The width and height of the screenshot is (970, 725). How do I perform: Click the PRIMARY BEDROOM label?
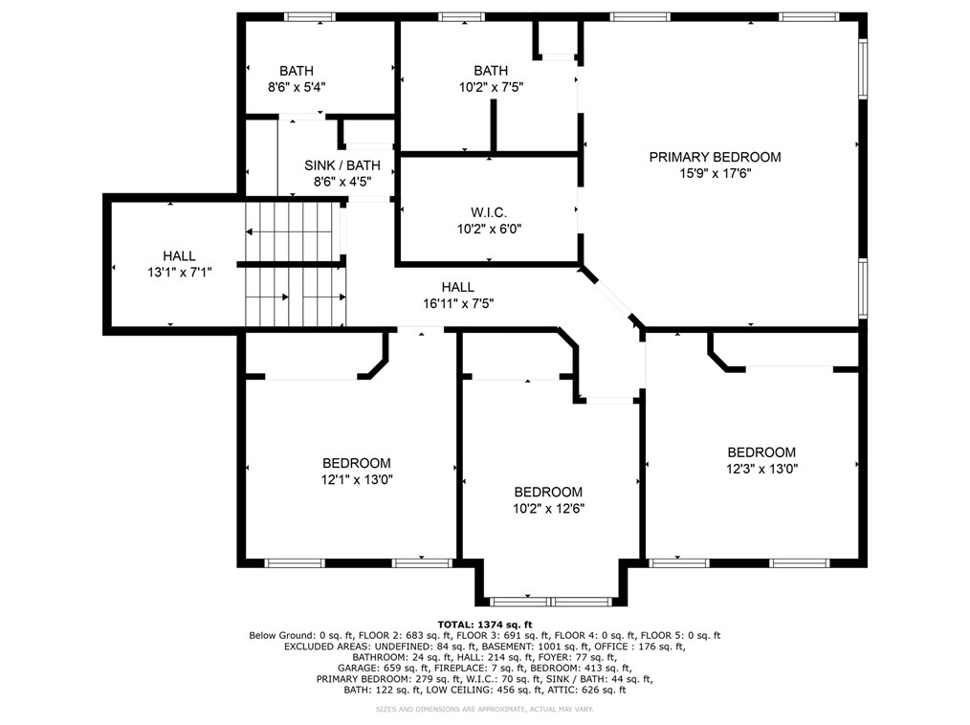(715, 157)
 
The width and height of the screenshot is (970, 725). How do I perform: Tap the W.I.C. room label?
(489, 212)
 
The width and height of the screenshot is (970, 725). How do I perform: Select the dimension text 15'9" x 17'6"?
(715, 173)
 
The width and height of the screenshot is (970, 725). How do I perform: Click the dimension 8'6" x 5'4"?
(296, 87)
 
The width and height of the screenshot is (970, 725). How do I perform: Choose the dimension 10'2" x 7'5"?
(491, 87)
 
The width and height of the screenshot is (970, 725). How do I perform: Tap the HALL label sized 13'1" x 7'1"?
(179, 255)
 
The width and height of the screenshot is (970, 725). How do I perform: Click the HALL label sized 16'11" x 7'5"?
(457, 287)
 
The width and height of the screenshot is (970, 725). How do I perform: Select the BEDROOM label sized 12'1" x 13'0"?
(356, 463)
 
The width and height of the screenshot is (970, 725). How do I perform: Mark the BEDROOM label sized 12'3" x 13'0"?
(761, 452)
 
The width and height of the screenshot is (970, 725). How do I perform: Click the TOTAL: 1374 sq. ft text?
(484, 623)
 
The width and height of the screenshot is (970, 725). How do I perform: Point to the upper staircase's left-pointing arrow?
(252, 231)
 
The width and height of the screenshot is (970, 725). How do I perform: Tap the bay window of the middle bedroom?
(550, 601)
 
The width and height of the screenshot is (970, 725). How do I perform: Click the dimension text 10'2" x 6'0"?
(489, 229)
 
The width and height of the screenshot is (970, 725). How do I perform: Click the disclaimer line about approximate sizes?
(484, 710)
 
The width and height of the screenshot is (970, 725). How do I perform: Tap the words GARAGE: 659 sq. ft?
(377, 669)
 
